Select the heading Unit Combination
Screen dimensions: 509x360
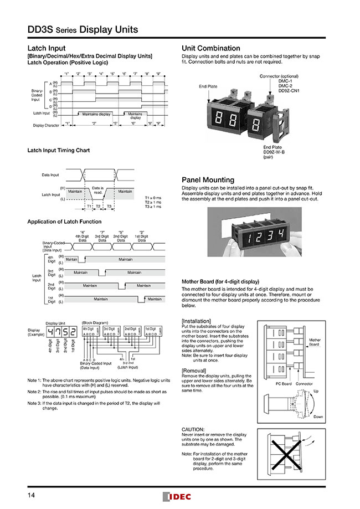(x=211, y=48)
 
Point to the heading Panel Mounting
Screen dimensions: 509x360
(x=208, y=180)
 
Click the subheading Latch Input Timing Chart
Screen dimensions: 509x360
(x=58, y=150)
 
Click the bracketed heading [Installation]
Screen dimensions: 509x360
(x=197, y=321)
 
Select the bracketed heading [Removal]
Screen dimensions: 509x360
(x=194, y=370)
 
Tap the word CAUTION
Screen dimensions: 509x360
(x=193, y=429)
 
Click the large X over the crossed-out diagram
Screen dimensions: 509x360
(x=289, y=452)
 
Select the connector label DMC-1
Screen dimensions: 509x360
(x=285, y=81)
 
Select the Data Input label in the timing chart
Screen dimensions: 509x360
(x=50, y=174)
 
